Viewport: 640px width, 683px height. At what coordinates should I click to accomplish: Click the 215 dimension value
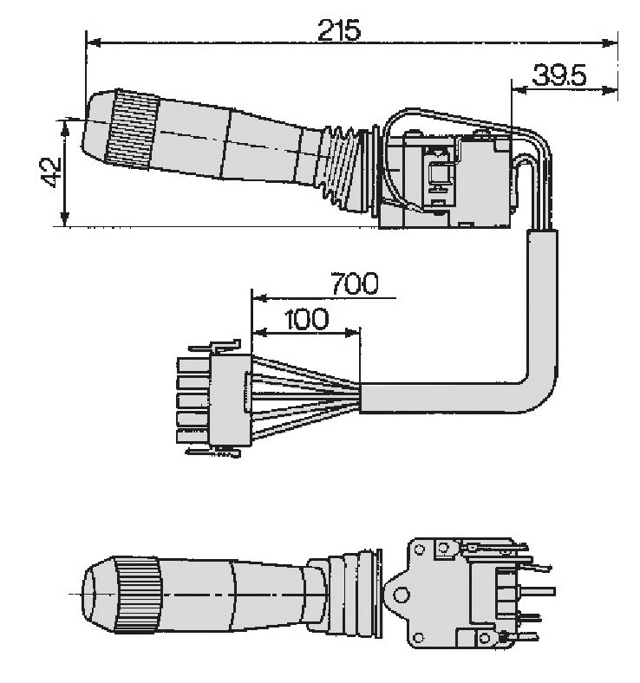[338, 31]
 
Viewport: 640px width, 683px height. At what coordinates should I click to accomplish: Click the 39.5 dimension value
[559, 77]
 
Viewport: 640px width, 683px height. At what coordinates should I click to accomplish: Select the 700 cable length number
[354, 283]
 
